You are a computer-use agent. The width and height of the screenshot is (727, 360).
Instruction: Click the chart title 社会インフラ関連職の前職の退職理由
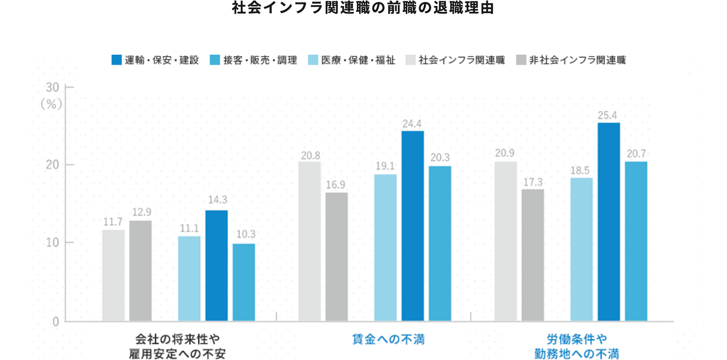(363, 9)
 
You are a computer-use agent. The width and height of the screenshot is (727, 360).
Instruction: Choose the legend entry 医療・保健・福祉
(351, 60)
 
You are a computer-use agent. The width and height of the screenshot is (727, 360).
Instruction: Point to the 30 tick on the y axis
(53, 87)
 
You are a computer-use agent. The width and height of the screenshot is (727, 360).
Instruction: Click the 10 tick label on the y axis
(53, 243)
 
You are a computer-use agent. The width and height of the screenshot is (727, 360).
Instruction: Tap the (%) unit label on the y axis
(51, 104)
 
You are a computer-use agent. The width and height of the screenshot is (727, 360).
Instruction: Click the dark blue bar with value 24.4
(412, 226)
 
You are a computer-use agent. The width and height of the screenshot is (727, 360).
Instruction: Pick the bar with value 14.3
(216, 266)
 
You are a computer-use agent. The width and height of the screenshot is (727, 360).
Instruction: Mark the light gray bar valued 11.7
(113, 276)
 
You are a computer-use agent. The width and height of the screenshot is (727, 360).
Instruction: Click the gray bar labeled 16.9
(336, 257)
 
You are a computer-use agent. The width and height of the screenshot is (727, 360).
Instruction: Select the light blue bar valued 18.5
(581, 249)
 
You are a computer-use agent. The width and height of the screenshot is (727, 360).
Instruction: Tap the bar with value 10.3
(243, 282)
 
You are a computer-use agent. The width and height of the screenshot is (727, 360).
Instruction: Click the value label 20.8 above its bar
(310, 156)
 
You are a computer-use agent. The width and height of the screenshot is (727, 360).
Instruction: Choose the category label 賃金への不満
(388, 339)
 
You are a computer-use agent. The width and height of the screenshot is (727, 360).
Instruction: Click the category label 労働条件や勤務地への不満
(577, 346)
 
